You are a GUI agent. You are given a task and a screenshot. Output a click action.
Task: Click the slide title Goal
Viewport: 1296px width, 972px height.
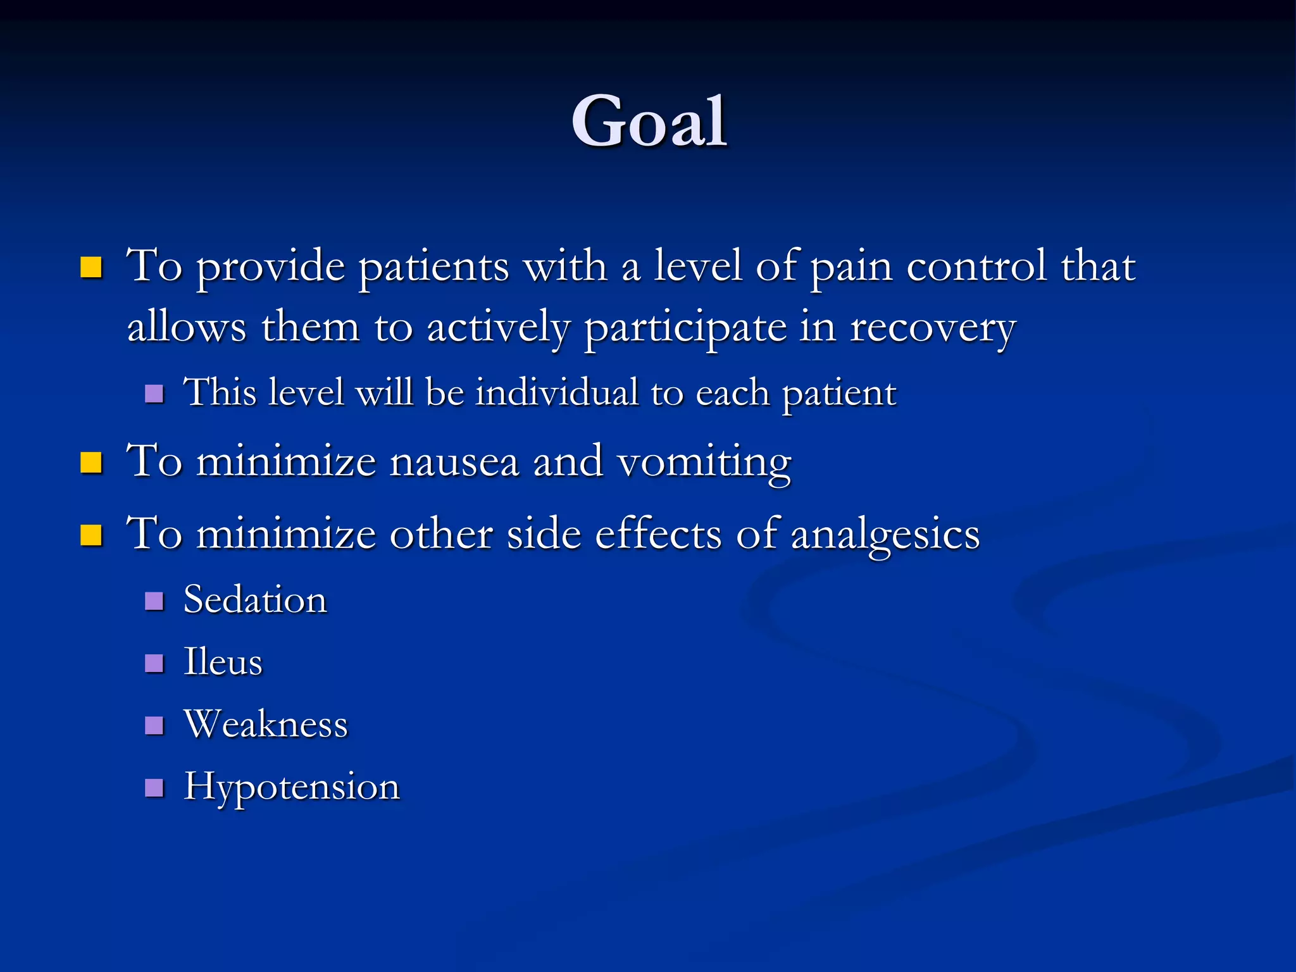point(649,121)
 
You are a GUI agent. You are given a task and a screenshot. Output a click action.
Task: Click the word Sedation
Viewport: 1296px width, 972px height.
point(255,600)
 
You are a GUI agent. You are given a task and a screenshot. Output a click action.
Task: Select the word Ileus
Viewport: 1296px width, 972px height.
point(223,662)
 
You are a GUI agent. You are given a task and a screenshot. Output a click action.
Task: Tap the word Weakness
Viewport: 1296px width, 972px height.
point(266,724)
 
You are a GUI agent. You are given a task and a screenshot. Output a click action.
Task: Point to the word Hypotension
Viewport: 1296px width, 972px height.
point(292,787)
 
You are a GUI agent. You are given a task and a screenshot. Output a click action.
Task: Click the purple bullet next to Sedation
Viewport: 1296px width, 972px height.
point(154,601)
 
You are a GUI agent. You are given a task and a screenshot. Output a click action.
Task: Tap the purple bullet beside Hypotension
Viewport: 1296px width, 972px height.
point(154,787)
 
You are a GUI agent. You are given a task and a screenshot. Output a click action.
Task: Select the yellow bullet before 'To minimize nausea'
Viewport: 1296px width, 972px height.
point(91,463)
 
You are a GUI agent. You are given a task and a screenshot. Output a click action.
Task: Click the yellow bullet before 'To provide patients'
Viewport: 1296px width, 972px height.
point(91,268)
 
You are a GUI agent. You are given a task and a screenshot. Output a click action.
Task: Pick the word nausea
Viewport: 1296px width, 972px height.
point(454,462)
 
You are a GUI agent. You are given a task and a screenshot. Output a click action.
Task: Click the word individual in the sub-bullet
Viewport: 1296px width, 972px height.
point(557,392)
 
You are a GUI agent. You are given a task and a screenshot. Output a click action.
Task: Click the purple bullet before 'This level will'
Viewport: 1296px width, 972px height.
point(154,394)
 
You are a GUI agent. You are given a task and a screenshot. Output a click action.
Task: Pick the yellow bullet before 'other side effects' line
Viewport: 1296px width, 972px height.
point(91,535)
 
